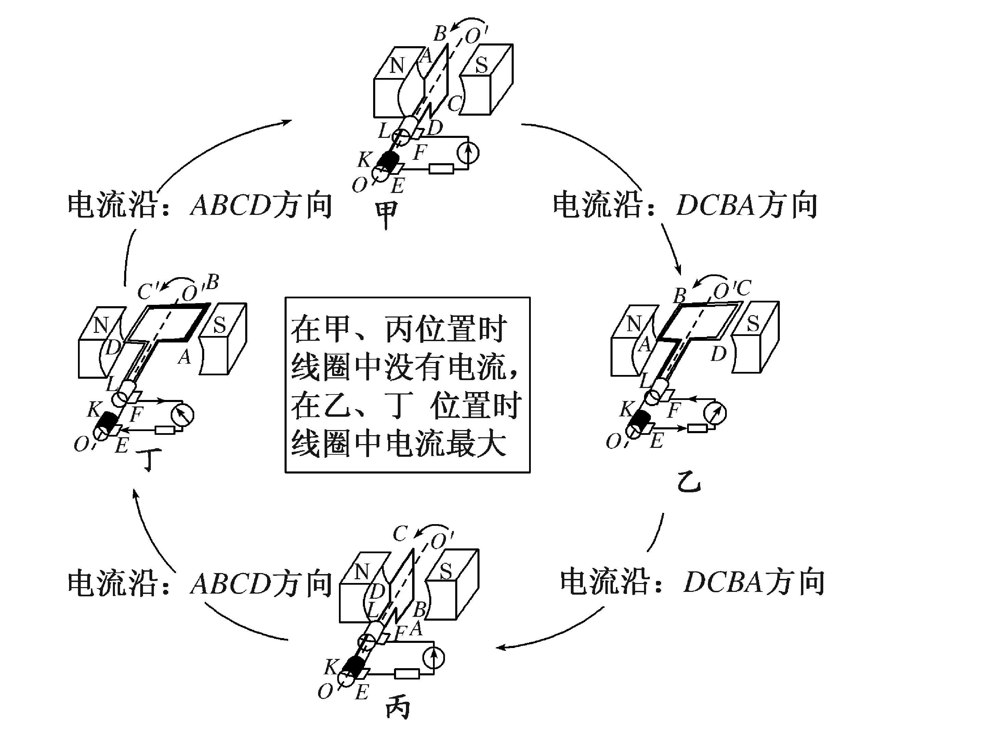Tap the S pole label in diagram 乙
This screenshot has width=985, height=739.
pyautogui.click(x=752, y=324)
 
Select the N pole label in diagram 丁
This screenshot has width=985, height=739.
pyautogui.click(x=101, y=326)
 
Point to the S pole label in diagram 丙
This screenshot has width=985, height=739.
pyautogui.click(x=446, y=571)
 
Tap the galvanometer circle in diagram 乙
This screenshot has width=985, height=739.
pyautogui.click(x=715, y=413)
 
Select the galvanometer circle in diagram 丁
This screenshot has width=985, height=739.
pyautogui.click(x=183, y=415)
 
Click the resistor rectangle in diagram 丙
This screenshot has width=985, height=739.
pyautogui.click(x=407, y=674)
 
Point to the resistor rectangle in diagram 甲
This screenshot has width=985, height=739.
pyautogui.click(x=441, y=169)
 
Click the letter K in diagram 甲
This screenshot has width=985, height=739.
pyautogui.click(x=364, y=159)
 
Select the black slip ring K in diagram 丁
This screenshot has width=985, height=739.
pyautogui.click(x=107, y=421)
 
